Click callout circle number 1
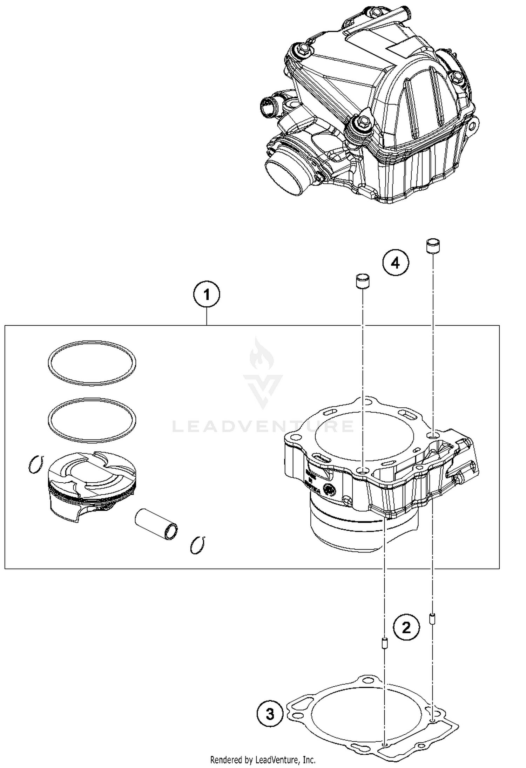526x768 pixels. [207, 295]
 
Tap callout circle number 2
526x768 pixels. [406, 627]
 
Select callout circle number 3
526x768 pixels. [270, 714]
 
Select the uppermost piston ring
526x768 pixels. [92, 363]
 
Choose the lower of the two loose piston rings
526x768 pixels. [92, 420]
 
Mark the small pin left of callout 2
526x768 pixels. [385, 644]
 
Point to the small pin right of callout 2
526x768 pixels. [432, 619]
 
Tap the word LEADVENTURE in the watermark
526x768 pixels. [263, 426]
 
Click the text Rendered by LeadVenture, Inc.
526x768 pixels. [263, 760]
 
